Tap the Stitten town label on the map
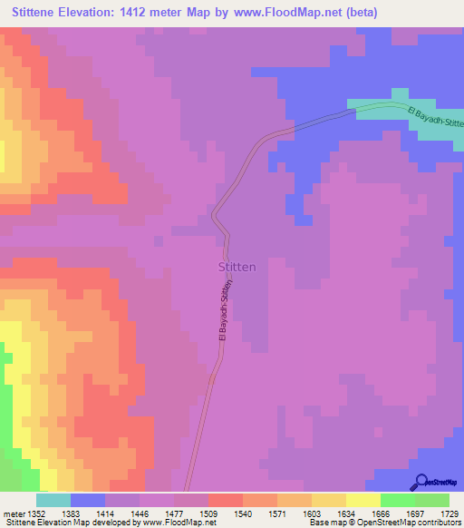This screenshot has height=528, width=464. pos(238,268)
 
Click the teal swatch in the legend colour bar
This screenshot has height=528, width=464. pos(53,500)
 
